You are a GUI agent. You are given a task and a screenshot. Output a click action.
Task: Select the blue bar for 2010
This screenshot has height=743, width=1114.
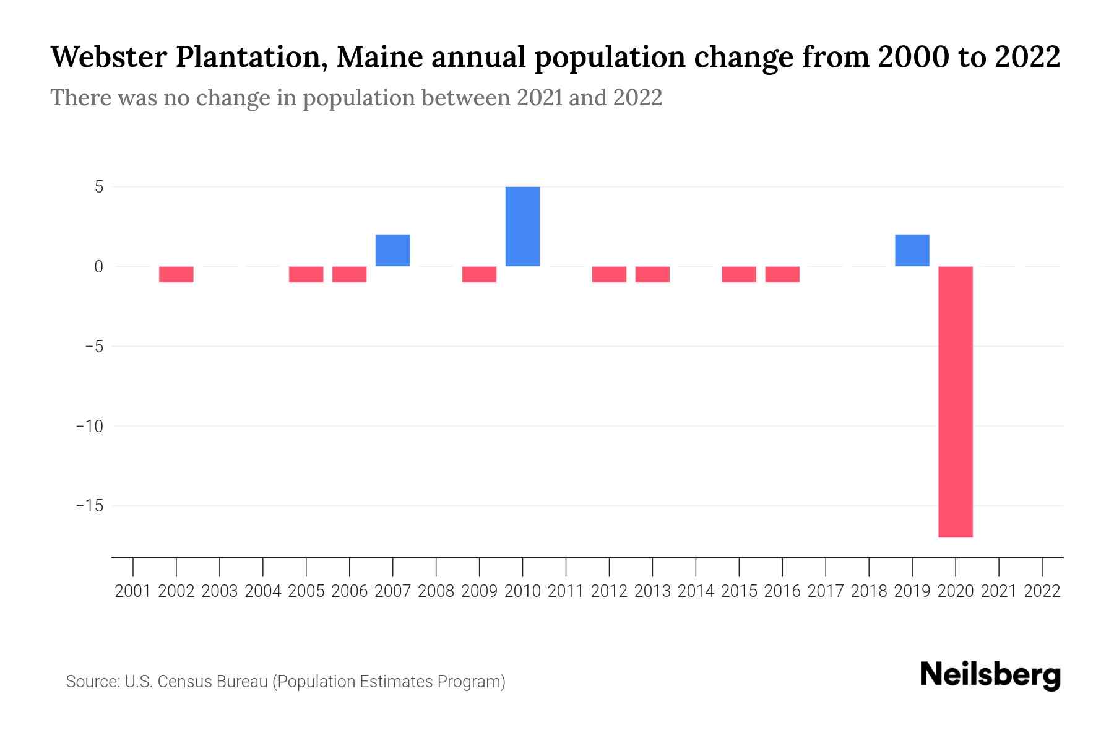[x=522, y=227]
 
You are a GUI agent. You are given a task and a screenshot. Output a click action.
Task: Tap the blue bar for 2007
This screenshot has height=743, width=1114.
[x=392, y=250]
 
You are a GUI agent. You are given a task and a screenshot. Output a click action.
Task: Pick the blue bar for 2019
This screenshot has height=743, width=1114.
[x=912, y=250]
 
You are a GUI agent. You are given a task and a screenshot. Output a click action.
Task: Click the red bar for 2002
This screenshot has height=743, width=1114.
[x=176, y=274]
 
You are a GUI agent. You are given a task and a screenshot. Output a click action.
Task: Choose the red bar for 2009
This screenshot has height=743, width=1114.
[x=479, y=274]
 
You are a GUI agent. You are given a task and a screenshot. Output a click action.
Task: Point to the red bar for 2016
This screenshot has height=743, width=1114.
[x=782, y=274]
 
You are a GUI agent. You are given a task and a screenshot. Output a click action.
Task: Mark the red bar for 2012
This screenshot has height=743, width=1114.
[x=609, y=274]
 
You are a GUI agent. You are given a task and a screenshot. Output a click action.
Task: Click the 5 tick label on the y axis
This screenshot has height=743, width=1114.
[x=99, y=187]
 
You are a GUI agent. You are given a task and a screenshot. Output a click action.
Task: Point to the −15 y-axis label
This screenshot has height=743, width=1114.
[x=90, y=506]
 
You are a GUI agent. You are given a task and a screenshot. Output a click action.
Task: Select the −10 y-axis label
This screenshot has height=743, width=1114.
[x=90, y=426]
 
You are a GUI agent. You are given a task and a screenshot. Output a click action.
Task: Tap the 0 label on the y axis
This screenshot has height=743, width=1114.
[x=99, y=267]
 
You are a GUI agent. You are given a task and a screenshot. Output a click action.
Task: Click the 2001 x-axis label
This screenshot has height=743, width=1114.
[x=133, y=591]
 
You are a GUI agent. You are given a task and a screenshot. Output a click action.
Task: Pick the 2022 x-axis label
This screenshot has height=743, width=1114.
[x=1042, y=591]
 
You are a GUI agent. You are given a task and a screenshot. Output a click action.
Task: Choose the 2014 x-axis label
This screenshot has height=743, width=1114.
[x=696, y=591]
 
